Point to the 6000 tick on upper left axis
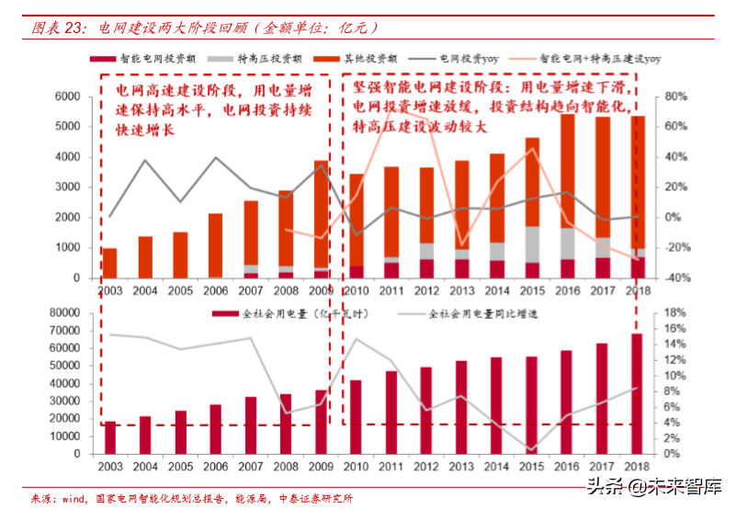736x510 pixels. (69, 96)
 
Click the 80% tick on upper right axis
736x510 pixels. (676, 96)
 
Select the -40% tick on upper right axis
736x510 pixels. (676, 278)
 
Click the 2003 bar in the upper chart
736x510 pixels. (109, 263)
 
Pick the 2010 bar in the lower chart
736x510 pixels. (356, 416)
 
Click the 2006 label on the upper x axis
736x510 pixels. (215, 290)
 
